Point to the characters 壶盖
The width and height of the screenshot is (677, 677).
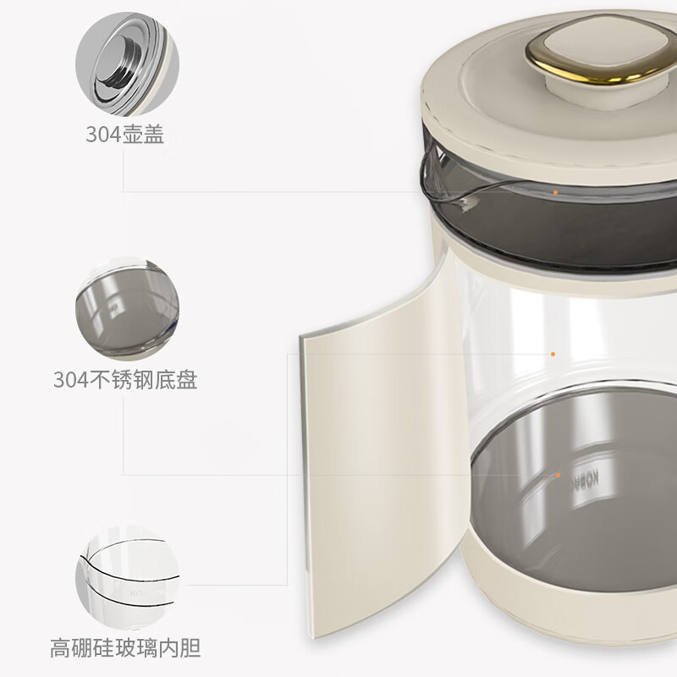(143, 135)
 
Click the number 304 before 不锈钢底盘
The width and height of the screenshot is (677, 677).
(70, 380)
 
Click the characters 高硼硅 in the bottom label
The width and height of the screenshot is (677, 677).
(80, 650)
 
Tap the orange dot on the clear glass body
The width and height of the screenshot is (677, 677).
(553, 354)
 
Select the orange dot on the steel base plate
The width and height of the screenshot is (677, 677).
(559, 476)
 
